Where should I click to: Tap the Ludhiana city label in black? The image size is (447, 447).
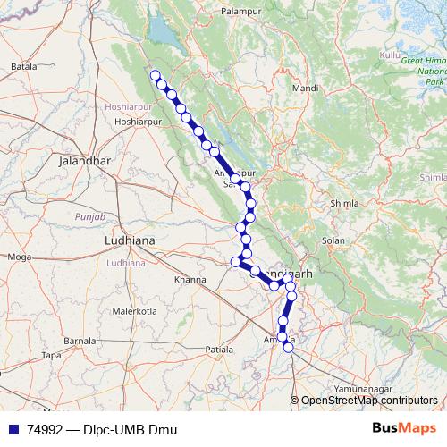tap(131, 241)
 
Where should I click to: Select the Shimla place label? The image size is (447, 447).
tap(344, 204)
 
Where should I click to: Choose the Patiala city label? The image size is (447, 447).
tap(219, 348)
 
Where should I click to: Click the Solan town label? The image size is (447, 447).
tap(333, 240)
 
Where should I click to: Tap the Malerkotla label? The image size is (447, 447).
tap(134, 311)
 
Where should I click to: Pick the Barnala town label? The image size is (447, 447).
tap(80, 341)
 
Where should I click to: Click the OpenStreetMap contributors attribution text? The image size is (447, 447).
tap(368, 401)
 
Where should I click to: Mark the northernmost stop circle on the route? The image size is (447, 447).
tap(155, 75)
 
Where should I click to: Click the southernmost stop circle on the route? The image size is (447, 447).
tap(288, 348)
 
